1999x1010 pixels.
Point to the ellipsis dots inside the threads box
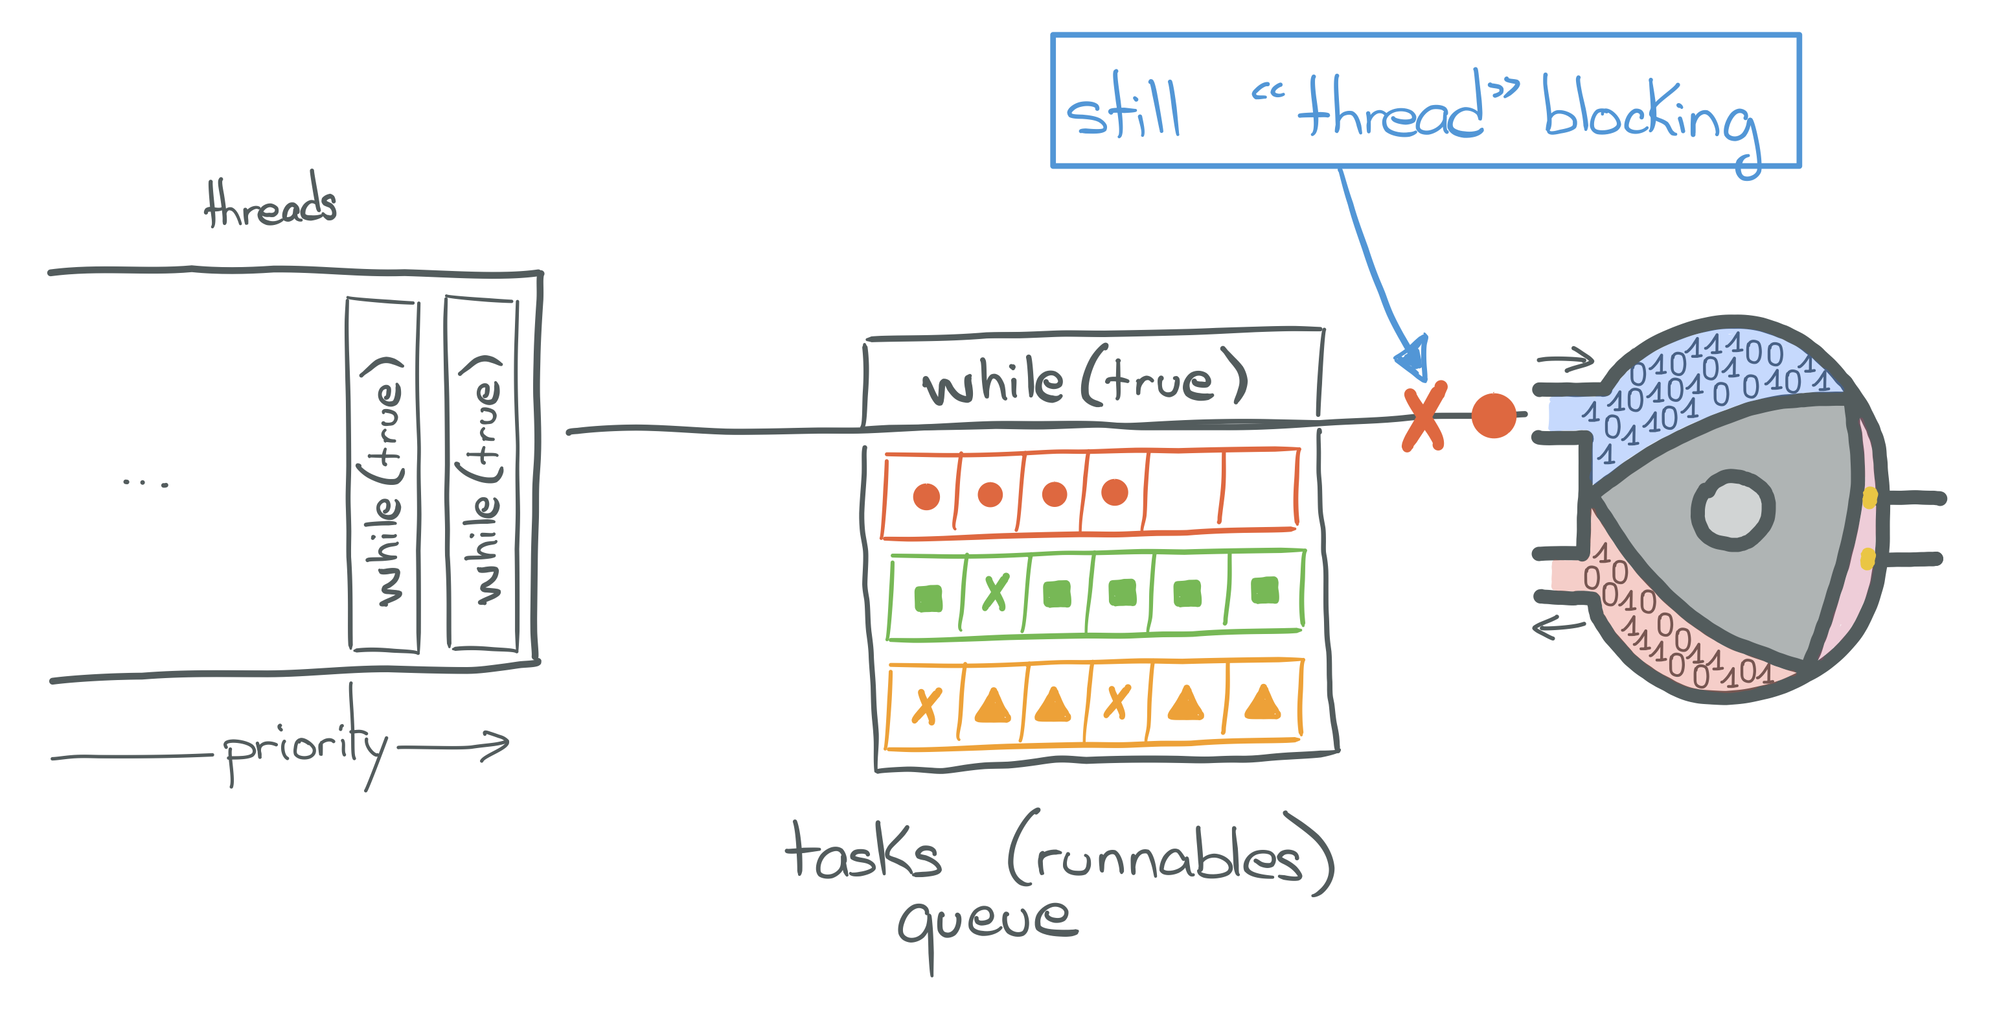coord(145,483)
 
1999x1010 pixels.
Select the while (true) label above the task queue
coord(1085,381)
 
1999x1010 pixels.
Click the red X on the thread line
coord(1424,416)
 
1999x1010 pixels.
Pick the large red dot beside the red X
coord(1493,416)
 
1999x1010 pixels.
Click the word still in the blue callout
coord(1123,110)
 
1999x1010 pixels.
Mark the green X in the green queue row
coord(996,593)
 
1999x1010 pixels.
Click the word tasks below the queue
coord(863,852)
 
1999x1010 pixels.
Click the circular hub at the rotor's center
coord(1732,510)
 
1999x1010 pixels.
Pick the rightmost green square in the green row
coord(1265,591)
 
